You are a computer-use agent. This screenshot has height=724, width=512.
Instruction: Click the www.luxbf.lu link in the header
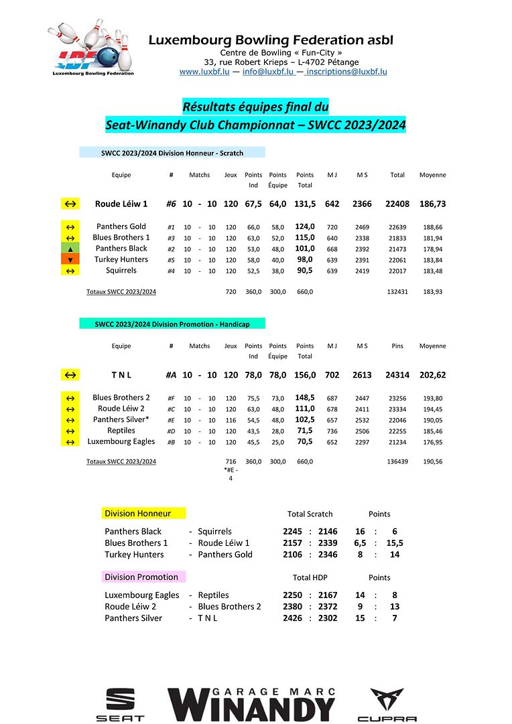click(x=204, y=72)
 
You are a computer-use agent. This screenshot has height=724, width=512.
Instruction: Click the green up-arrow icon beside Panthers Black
click(x=70, y=248)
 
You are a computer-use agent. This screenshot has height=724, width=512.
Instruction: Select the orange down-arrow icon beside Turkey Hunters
click(x=70, y=260)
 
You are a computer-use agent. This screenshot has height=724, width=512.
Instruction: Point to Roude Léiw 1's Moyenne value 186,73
click(x=432, y=204)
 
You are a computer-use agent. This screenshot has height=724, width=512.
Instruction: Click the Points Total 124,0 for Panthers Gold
click(x=305, y=227)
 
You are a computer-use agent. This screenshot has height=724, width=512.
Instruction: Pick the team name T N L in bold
click(x=121, y=376)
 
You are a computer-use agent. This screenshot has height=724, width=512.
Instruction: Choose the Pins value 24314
click(x=397, y=376)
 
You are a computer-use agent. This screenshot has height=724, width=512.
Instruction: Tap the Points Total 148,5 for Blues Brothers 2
click(x=305, y=398)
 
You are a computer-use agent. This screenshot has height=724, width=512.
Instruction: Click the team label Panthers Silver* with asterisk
click(x=121, y=420)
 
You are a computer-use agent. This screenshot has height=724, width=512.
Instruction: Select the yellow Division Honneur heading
click(x=137, y=514)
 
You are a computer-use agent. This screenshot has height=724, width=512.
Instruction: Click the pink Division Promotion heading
click(x=141, y=577)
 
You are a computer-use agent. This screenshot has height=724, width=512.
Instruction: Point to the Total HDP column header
click(x=310, y=577)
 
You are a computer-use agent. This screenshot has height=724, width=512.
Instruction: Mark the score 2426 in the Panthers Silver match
click(x=292, y=618)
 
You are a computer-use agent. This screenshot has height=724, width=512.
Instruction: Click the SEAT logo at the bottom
click(x=120, y=705)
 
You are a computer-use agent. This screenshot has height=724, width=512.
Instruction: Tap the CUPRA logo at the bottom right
click(x=387, y=705)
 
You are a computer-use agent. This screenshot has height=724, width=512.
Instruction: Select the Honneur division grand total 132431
click(x=397, y=292)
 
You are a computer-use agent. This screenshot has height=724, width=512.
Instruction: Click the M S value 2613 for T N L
click(x=362, y=376)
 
